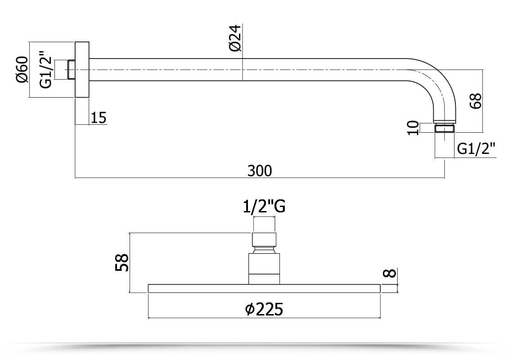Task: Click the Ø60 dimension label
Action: [22, 70]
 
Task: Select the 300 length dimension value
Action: [260, 171]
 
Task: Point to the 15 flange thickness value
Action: [99, 118]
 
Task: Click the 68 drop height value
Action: [475, 101]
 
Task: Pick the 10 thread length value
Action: [413, 128]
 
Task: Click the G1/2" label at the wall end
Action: [46, 69]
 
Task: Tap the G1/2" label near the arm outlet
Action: [476, 149]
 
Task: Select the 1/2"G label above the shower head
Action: [264, 207]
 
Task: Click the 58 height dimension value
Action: [122, 262]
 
